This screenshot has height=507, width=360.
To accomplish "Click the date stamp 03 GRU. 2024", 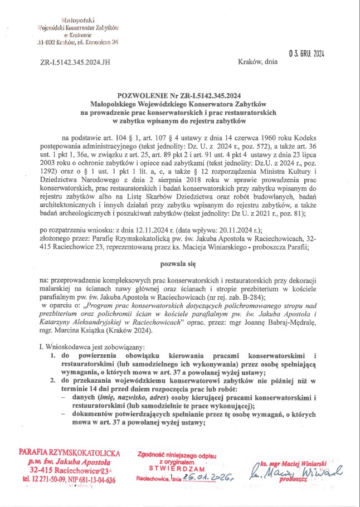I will click(x=307, y=53).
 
